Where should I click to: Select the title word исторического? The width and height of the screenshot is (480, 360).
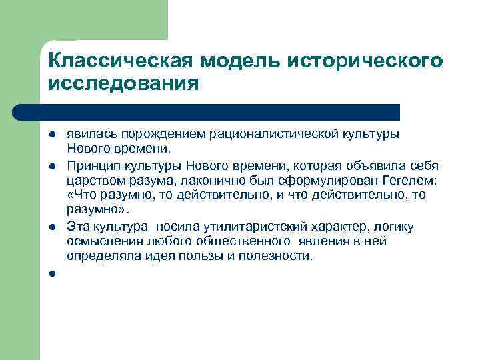(x=365, y=61)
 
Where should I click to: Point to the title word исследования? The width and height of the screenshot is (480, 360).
(x=124, y=85)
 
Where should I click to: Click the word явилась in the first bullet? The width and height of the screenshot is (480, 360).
(x=88, y=134)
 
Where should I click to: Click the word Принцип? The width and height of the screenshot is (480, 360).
(x=91, y=165)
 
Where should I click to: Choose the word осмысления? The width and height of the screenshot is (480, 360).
(x=99, y=241)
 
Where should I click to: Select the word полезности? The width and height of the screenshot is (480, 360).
(x=275, y=256)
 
